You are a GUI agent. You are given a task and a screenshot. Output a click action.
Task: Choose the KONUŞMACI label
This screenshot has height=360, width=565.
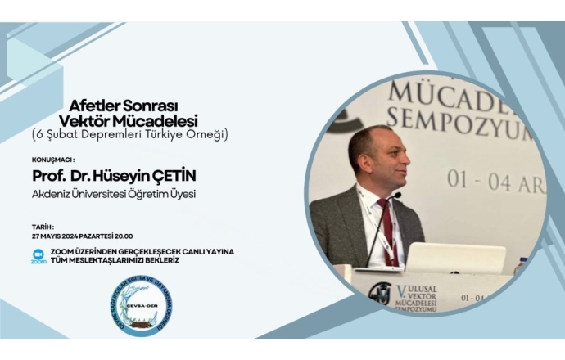(53, 160)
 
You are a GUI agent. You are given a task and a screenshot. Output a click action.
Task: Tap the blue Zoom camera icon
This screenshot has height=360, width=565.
(38, 253)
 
